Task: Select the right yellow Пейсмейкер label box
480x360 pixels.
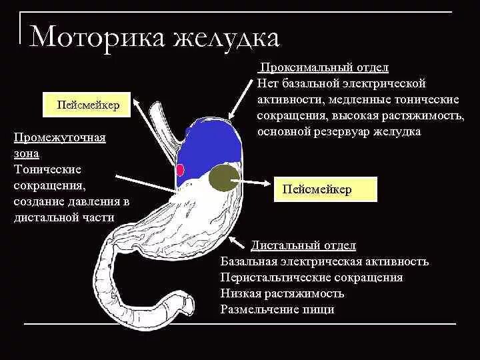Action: [x=326, y=190]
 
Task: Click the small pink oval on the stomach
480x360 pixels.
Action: [x=180, y=169]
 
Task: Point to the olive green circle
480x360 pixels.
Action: [x=224, y=178]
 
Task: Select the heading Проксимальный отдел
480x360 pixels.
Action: [x=324, y=68]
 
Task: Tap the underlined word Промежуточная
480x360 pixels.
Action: [x=60, y=137]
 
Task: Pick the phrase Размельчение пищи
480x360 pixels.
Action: [x=277, y=309]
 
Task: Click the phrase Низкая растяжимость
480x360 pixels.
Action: [x=282, y=293]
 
